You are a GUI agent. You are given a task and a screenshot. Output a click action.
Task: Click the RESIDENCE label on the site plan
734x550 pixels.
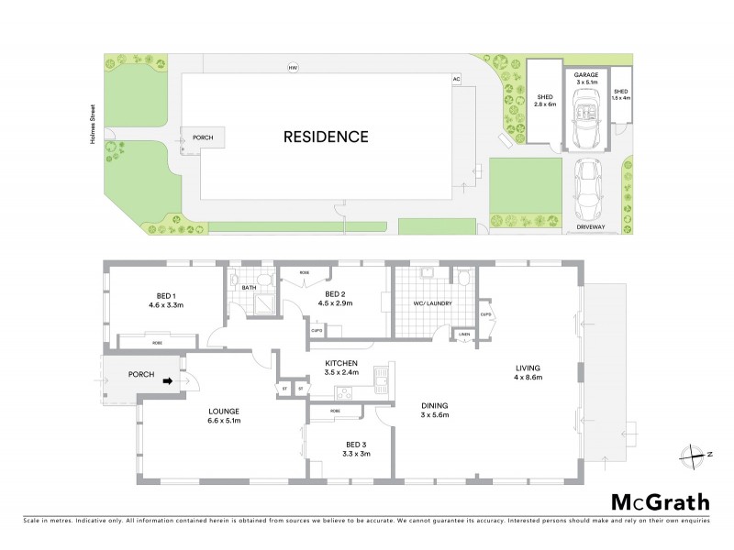click(325, 137)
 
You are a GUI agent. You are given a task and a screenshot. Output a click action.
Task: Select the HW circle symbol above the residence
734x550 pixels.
click(294, 69)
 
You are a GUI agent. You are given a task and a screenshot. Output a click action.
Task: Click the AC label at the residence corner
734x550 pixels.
click(455, 80)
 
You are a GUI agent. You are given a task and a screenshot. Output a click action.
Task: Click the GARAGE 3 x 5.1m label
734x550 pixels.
click(585, 78)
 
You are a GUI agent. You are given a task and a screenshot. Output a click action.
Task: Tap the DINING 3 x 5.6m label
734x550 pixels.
click(437, 411)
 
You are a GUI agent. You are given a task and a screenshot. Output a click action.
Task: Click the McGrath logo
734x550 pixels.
click(661, 501)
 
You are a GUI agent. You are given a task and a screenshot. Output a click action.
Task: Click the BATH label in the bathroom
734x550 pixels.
click(249, 288)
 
